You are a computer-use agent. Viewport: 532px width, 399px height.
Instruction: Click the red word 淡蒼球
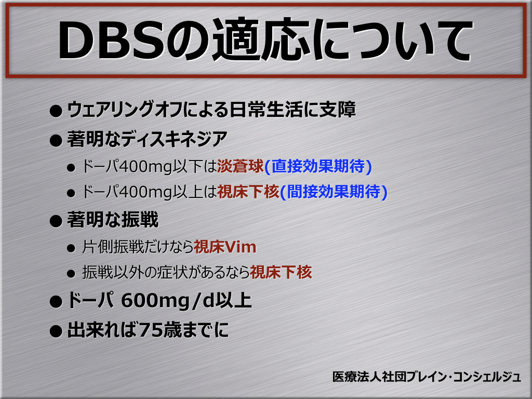pyautogui.click(x=240, y=166)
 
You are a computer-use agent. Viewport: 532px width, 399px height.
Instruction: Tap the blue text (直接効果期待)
pyautogui.click(x=318, y=166)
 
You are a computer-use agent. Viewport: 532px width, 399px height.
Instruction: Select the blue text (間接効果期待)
pyautogui.click(x=334, y=192)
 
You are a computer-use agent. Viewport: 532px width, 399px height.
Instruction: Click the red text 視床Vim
pyautogui.click(x=224, y=247)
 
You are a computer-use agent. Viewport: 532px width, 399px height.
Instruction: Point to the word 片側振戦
pyautogui.click(x=113, y=247)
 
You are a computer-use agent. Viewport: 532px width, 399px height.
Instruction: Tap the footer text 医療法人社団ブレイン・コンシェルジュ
pyautogui.click(x=427, y=377)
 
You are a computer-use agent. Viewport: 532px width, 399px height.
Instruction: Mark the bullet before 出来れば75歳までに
pyautogui.click(x=56, y=331)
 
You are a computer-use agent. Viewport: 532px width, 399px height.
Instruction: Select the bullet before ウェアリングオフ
pyautogui.click(x=56, y=111)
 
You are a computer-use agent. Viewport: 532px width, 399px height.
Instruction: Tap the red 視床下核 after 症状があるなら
pyautogui.click(x=281, y=272)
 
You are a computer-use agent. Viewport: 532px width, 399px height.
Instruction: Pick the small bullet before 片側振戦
pyautogui.click(x=71, y=248)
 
